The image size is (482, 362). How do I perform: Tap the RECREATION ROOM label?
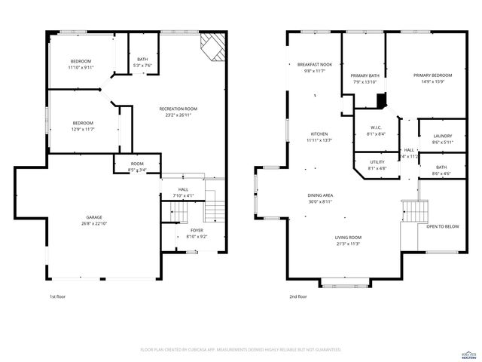coord(178,109)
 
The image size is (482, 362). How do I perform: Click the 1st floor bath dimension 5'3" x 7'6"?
coord(142,66)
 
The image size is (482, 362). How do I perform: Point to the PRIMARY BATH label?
coord(365,75)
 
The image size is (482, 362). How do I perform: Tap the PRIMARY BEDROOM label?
coord(432,75)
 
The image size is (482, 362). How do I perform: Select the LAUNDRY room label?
coord(441,136)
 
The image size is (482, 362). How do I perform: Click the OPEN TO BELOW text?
coord(442,226)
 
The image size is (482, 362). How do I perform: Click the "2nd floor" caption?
coord(298,296)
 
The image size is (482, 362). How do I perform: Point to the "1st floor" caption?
coord(57,296)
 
